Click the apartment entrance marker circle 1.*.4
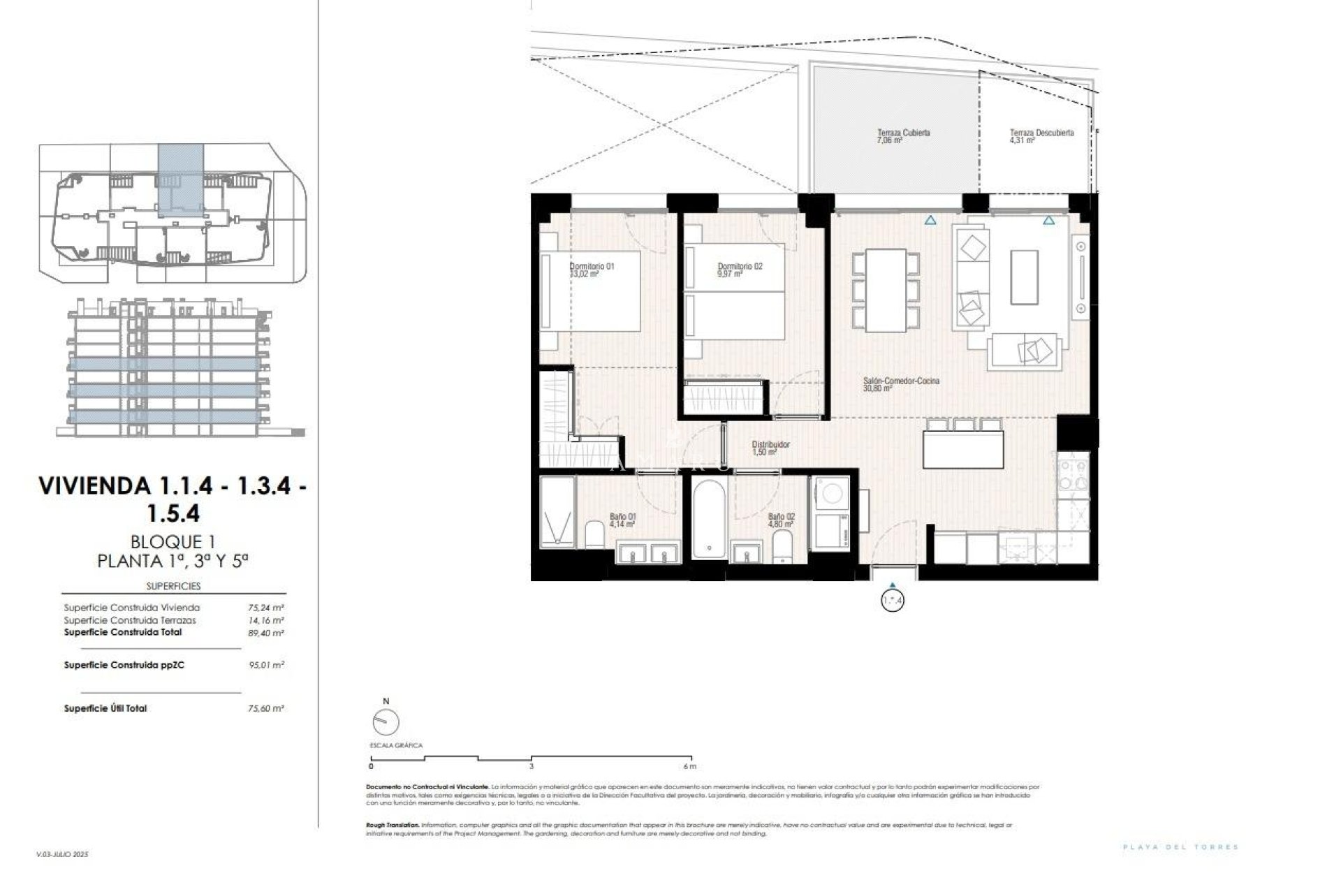tap(893, 600)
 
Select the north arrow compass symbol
tap(386, 721)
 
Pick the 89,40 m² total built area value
tap(266, 633)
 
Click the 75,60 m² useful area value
tap(266, 708)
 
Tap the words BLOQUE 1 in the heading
tap(173, 541)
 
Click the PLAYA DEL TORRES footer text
tap(1180, 847)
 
